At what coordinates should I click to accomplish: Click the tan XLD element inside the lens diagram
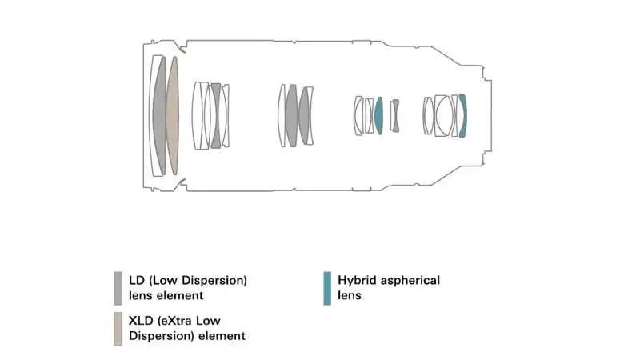pos(173,116)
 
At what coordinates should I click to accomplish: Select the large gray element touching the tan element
pos(159,116)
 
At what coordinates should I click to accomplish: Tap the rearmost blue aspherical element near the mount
pos(463,116)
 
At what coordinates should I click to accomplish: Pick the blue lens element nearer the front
pos(378,116)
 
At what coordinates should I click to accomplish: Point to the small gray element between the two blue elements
pos(395,116)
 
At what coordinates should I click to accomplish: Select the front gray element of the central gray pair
pos(291,116)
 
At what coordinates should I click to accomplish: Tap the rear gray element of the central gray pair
pos(304,116)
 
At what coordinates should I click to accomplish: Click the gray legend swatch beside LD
pos(118,288)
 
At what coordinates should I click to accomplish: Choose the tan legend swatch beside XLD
pos(118,329)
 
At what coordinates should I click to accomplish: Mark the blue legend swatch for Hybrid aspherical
pos(327,288)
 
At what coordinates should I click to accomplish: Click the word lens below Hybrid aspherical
pos(350,295)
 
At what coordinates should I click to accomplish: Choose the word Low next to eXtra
pos(208,321)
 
